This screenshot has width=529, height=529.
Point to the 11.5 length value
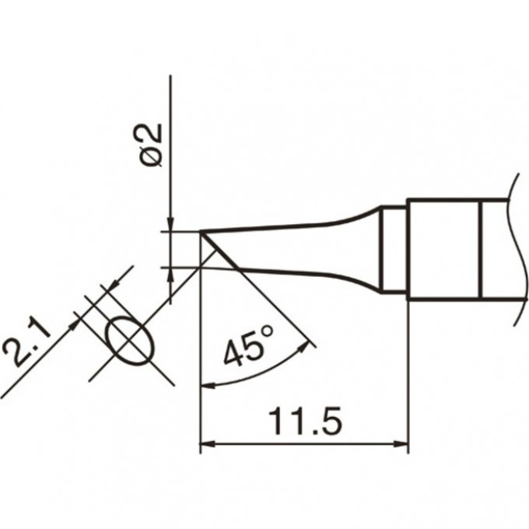304,424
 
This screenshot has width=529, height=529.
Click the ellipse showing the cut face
128,339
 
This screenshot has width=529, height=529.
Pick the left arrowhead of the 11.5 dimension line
207,447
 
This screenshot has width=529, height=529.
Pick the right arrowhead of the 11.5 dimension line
401,447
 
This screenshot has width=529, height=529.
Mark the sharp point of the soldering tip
201,231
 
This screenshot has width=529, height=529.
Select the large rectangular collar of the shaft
443,249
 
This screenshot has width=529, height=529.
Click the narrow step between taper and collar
395,249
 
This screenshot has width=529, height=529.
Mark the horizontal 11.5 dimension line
304,447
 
